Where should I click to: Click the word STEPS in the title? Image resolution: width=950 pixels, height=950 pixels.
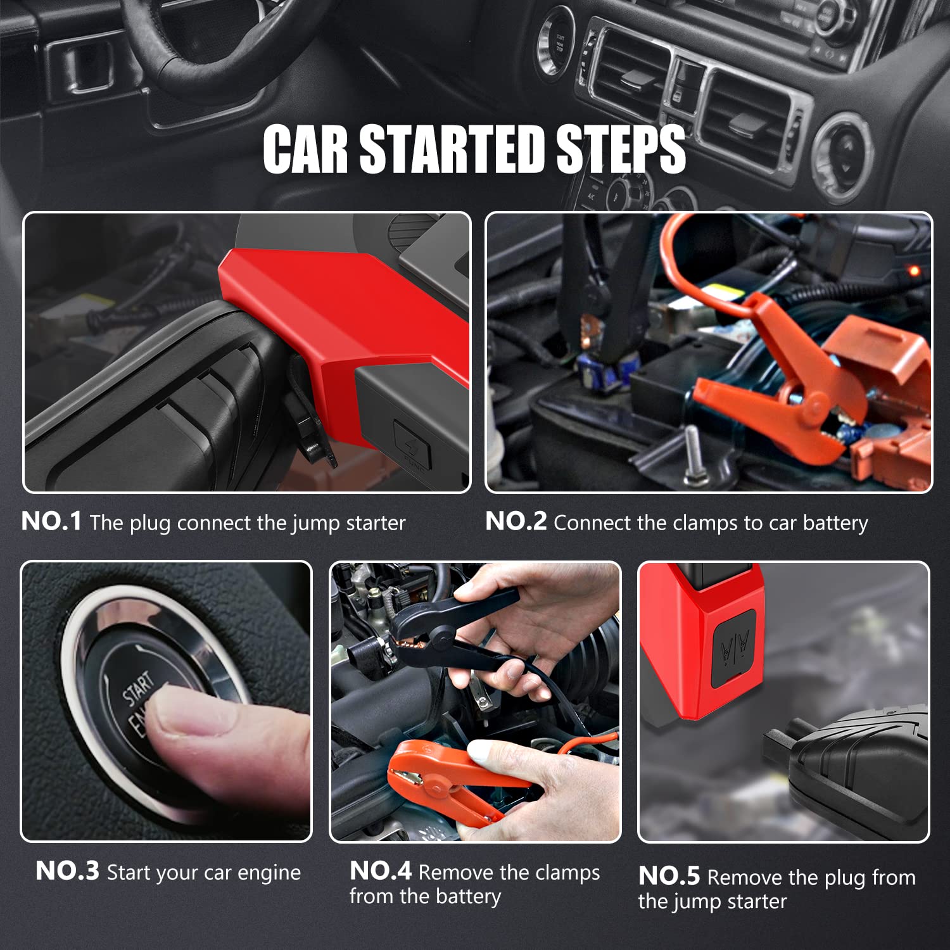[x=621, y=149]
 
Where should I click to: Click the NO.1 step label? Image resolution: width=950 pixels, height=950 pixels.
[x=51, y=521]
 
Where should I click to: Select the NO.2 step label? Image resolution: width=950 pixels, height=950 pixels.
[x=516, y=521]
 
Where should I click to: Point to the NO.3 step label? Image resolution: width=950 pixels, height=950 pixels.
[x=67, y=871]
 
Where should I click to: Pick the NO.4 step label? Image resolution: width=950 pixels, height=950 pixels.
[x=381, y=871]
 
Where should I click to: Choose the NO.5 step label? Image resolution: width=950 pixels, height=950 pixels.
[x=669, y=876]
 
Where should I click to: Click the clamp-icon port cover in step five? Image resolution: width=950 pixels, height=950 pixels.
[x=735, y=647]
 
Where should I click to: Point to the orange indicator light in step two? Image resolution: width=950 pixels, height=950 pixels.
[x=913, y=271]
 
